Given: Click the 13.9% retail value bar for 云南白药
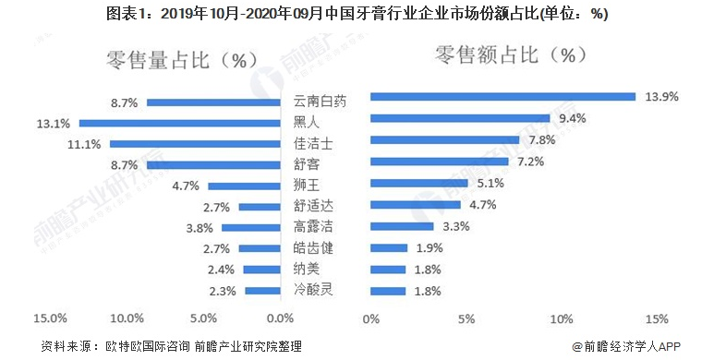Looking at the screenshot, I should [x=502, y=96].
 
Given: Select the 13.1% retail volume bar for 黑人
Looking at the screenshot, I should [x=180, y=123].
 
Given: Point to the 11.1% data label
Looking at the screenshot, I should [x=85, y=144].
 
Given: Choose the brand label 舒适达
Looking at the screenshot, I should [x=310, y=206].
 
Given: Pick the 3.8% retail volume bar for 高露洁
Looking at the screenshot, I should [x=251, y=227].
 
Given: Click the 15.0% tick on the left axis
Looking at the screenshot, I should [x=48, y=319].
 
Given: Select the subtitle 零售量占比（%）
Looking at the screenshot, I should [x=181, y=61].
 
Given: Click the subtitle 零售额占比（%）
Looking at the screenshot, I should [x=512, y=54].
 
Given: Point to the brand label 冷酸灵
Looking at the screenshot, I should [x=310, y=290].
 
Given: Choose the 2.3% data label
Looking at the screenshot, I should [x=223, y=291].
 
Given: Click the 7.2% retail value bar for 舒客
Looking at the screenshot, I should [x=439, y=162].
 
